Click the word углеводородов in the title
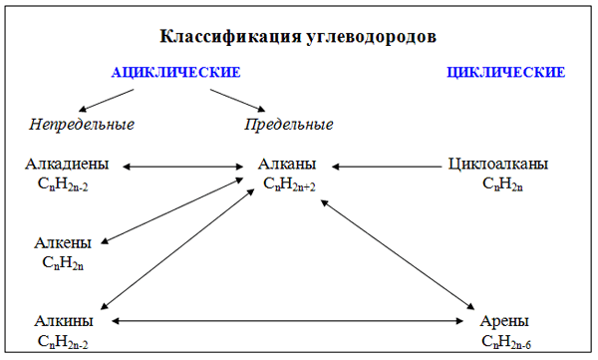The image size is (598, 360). point(370,37)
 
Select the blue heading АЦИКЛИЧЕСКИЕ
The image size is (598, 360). point(175,73)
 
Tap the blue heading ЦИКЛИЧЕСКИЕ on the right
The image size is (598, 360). point(507,73)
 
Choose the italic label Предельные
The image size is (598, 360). point(289,125)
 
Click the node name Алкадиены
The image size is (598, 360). point(67,165)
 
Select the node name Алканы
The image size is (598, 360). point(287,165)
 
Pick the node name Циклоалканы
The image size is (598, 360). point(498,165)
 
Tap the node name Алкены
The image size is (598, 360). point(63,242)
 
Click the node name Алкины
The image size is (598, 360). point(64,321)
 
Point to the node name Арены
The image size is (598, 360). point(504,321)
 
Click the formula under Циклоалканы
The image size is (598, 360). point(498,184)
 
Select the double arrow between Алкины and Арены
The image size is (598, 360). point(289,321)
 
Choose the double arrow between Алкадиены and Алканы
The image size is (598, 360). point(183,166)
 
